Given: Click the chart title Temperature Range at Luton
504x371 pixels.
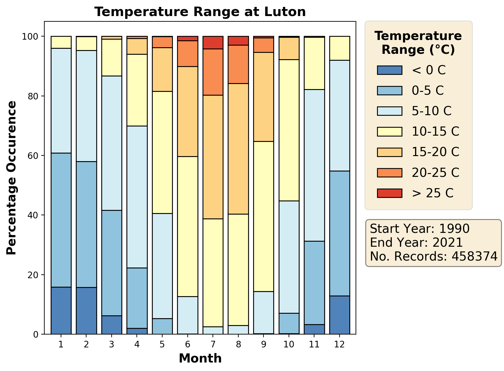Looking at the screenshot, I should (200, 12).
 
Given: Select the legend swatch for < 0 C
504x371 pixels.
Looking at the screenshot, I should (389, 70).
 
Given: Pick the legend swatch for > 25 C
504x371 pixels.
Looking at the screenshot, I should (389, 193).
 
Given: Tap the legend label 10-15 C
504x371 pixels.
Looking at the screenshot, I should (435, 132).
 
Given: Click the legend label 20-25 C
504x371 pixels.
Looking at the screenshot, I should (435, 172).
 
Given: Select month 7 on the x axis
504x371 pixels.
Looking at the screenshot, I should (213, 345).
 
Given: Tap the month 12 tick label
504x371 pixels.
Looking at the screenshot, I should (340, 345).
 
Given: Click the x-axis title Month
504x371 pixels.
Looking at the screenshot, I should (200, 358).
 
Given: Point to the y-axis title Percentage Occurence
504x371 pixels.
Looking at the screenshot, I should (12, 178).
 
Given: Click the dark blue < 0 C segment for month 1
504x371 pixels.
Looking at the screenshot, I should (61, 311).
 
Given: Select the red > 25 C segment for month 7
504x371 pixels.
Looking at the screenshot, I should (213, 42).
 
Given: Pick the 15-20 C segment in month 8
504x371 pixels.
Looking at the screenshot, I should (238, 149).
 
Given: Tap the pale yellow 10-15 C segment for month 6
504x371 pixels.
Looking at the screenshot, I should (188, 227).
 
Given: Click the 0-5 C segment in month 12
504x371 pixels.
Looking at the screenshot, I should (340, 233).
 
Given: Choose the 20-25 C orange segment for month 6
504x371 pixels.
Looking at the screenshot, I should (188, 53).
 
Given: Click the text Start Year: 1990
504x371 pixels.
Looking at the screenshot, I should (419, 229).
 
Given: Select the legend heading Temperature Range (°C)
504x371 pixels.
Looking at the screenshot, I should (418, 43).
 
